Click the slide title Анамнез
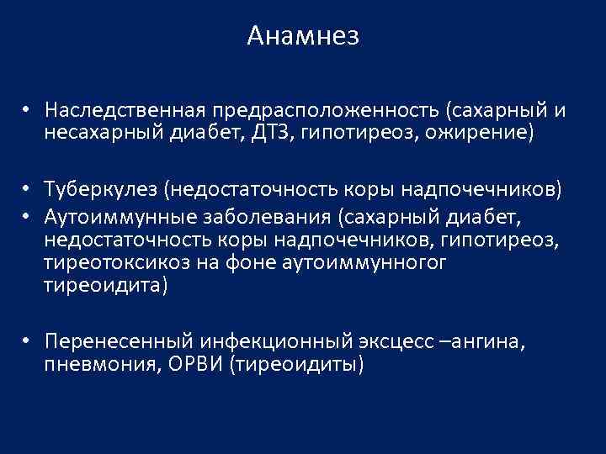(303, 36)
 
